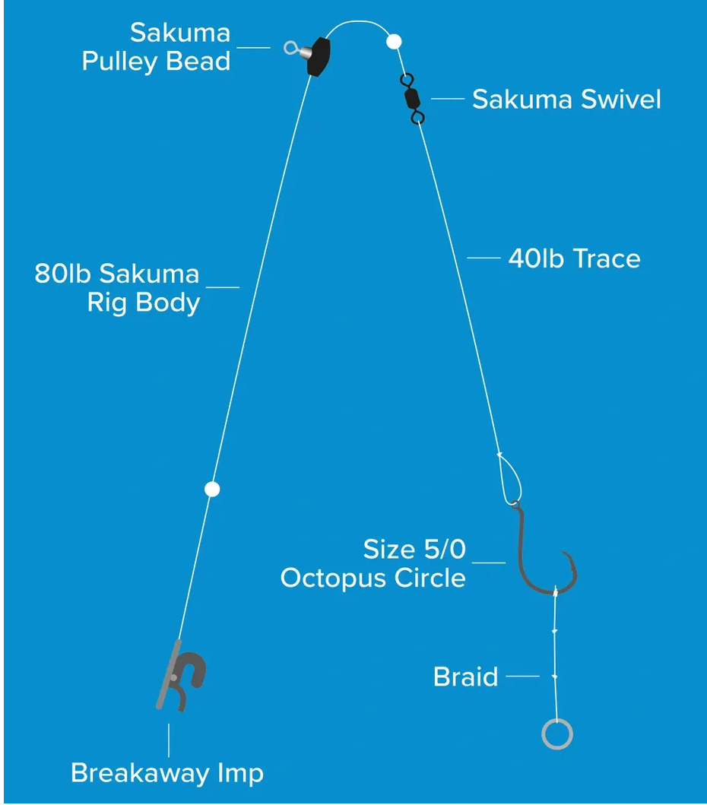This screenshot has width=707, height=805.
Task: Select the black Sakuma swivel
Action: (411, 98)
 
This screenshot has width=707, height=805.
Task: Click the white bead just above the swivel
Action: (394, 41)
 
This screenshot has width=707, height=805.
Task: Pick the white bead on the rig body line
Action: (213, 489)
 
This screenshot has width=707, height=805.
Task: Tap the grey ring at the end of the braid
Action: (557, 734)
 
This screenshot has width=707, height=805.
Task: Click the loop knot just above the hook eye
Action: (510, 479)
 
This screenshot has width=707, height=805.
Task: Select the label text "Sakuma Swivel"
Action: (566, 100)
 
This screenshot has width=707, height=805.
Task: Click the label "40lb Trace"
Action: (574, 258)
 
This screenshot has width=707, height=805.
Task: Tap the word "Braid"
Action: (465, 677)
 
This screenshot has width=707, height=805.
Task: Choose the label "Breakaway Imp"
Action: (167, 773)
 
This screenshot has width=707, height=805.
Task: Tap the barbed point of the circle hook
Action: (563, 553)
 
